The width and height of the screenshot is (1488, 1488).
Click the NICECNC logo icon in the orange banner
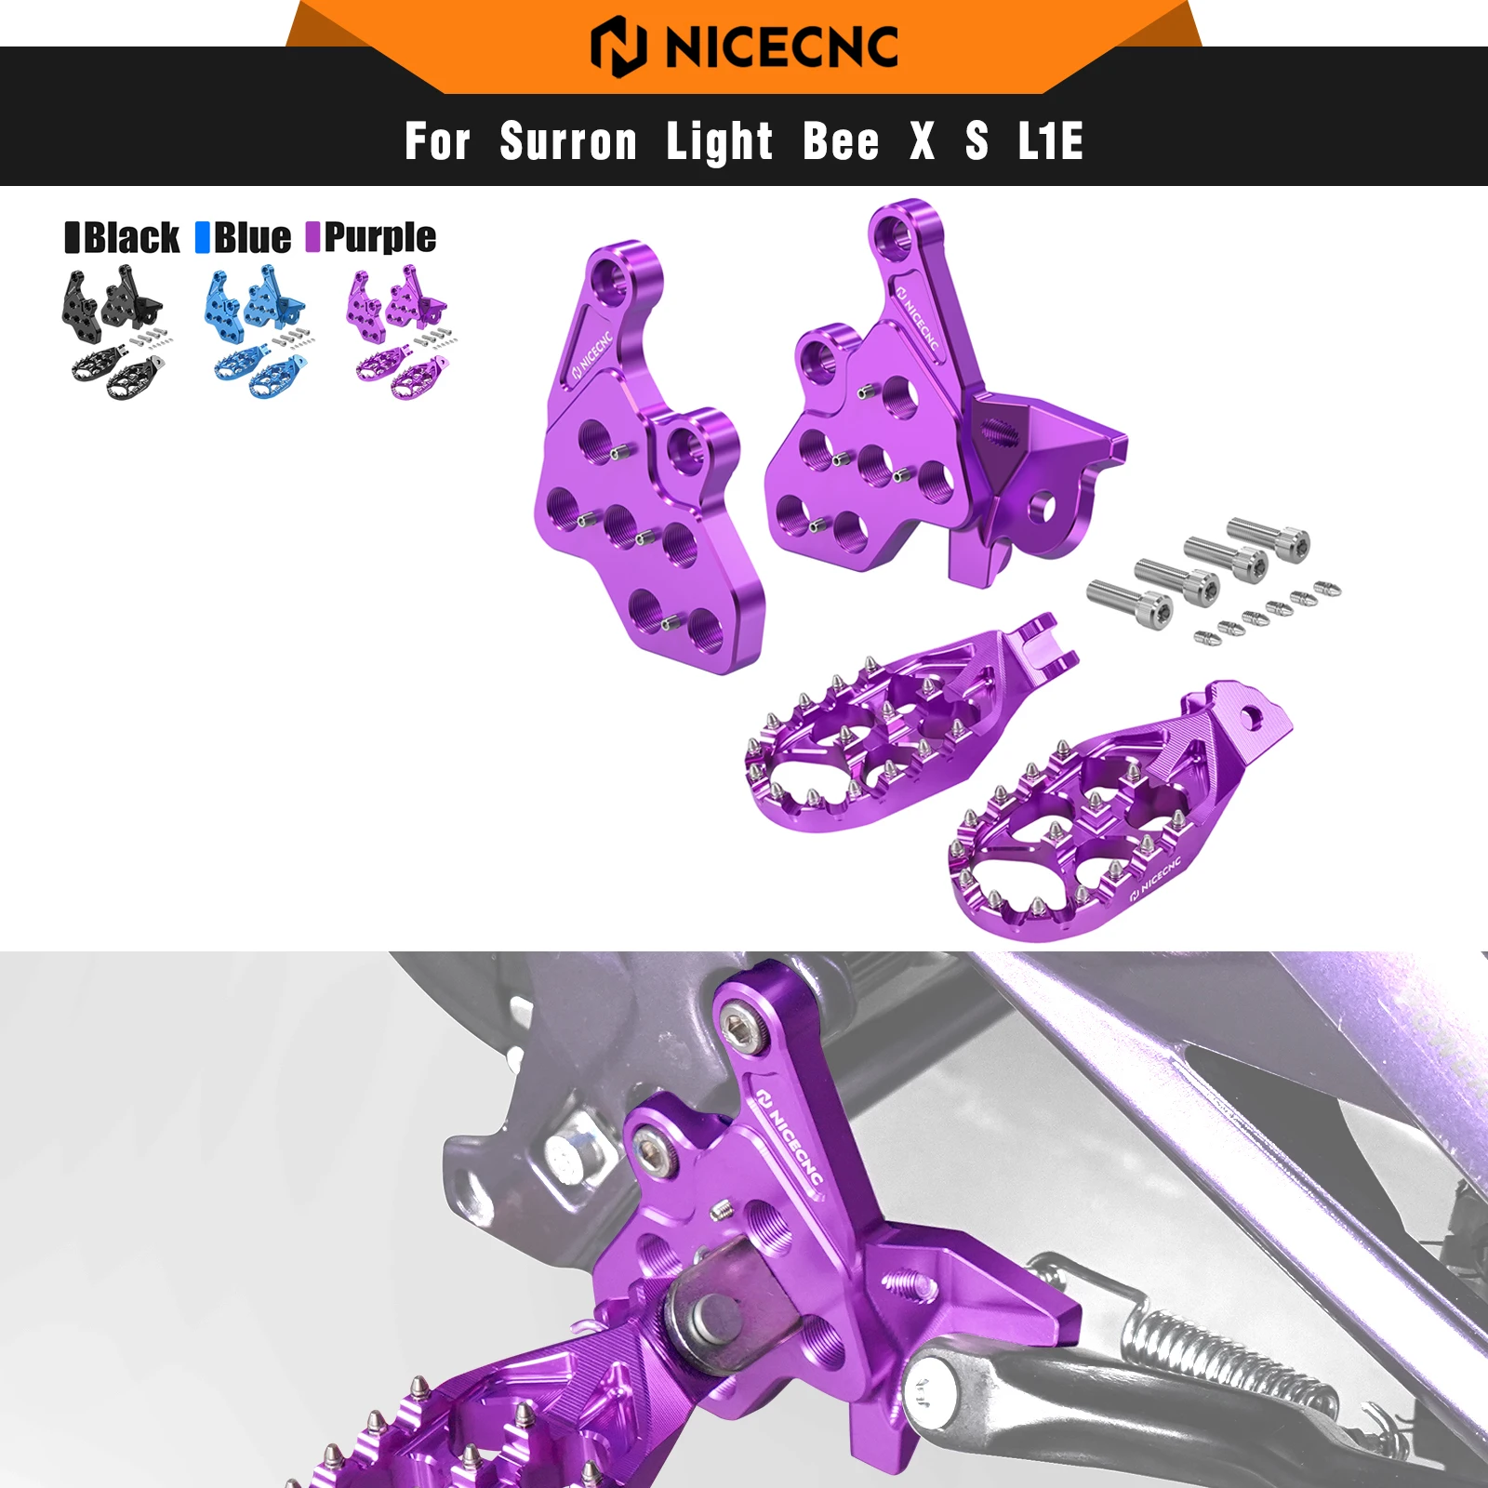pos(618,46)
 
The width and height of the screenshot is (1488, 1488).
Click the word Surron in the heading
pos(568,142)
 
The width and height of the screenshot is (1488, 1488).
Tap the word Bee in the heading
pos(841,142)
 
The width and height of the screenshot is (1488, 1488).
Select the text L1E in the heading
pos(1050,142)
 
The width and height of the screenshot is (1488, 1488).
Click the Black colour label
pos(131,238)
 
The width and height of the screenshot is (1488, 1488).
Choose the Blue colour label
pos(252,238)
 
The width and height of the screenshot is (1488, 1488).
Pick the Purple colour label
pos(379,238)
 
